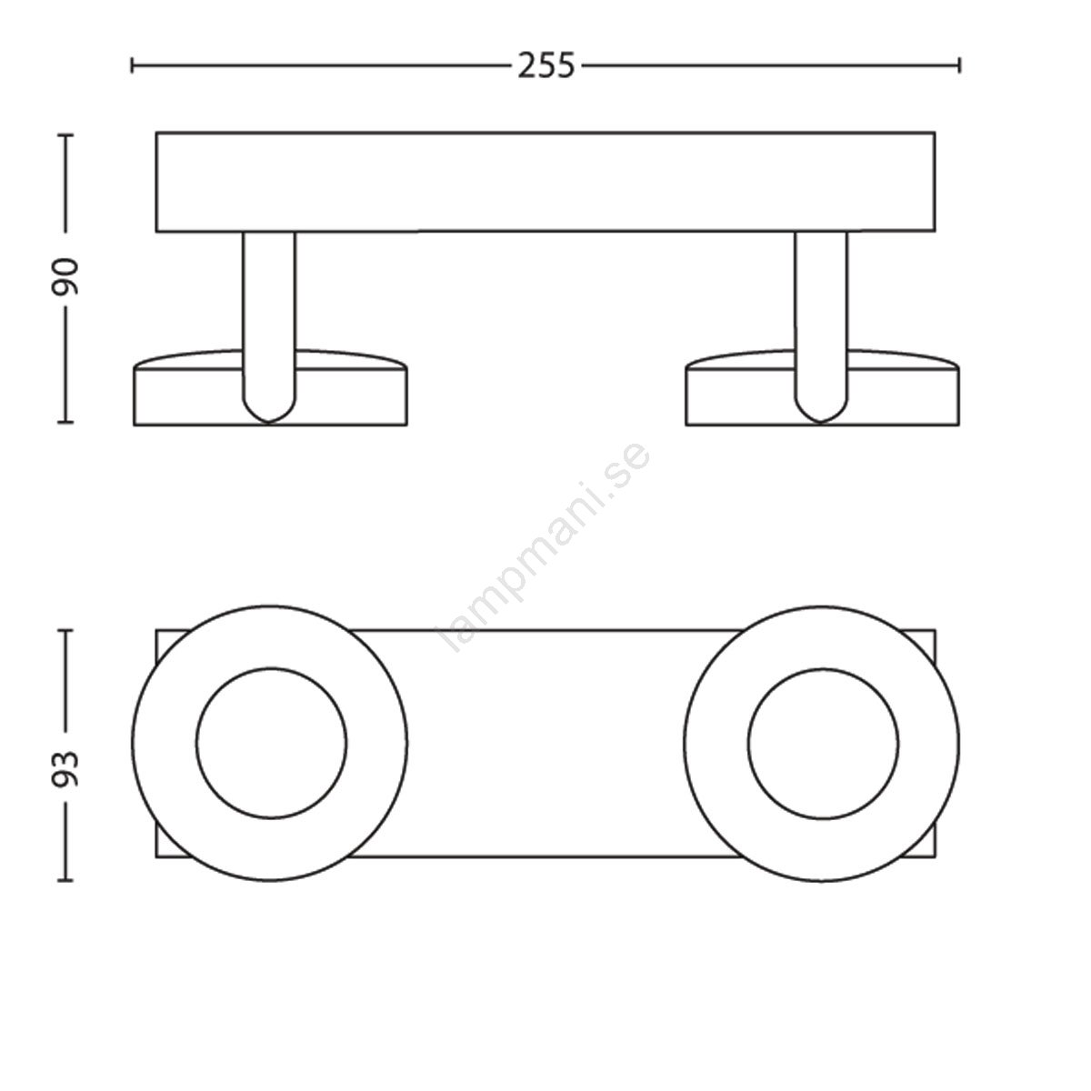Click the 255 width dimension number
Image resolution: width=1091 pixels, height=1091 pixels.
pos(546,65)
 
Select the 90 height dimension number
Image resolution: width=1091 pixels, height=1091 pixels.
pos(65,277)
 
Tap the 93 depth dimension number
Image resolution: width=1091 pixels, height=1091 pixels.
pos(65,770)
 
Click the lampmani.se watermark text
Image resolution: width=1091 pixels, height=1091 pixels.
pos(545,547)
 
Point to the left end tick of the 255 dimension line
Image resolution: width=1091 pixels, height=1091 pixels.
pos(132,65)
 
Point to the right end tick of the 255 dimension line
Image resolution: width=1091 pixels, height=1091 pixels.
pos(960,65)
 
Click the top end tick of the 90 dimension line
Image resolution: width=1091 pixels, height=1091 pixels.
pos(65,135)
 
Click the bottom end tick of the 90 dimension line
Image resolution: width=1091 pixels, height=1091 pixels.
pos(65,421)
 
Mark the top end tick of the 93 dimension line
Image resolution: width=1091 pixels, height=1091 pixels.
pos(65,630)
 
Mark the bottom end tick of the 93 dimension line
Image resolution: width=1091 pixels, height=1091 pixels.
pos(65,880)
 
